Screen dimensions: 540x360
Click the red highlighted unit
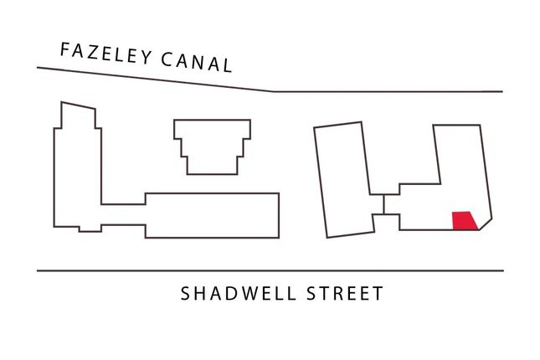click(x=465, y=221)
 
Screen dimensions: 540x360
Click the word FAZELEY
click(x=106, y=54)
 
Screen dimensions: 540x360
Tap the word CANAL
click(x=196, y=62)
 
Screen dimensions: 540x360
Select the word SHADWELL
click(x=239, y=293)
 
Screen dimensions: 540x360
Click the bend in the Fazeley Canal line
click(x=274, y=91)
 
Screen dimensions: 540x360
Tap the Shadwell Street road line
click(x=270, y=270)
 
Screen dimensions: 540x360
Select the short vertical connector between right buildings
click(x=383, y=204)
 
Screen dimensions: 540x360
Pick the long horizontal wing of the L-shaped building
click(x=212, y=215)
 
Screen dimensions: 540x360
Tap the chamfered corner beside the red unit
click(x=486, y=224)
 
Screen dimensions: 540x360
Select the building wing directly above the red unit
click(x=458, y=155)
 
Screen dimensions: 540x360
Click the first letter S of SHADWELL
click(x=185, y=293)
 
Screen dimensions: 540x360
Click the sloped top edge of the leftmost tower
click(x=78, y=105)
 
